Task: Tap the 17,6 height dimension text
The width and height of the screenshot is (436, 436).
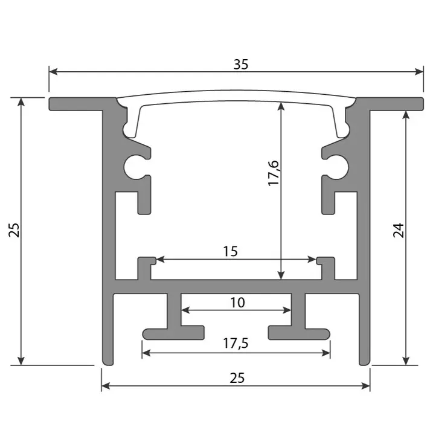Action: [274, 173]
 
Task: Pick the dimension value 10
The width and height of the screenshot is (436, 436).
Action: [238, 302]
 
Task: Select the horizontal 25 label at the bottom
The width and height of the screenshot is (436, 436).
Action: [237, 379]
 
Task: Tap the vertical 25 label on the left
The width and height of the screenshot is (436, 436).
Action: [14, 230]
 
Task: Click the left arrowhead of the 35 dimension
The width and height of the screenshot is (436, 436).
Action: [53, 72]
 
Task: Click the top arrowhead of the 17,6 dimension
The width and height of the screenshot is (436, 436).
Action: [281, 105]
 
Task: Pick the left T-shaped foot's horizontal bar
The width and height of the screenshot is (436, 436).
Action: [173, 333]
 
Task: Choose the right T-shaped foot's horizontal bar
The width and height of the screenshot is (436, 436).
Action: [300, 333]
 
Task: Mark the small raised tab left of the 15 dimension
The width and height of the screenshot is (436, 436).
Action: [145, 264]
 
